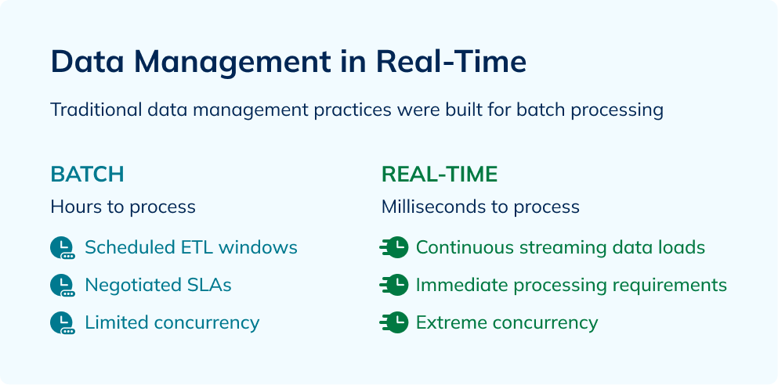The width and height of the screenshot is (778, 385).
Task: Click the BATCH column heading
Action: click(x=87, y=175)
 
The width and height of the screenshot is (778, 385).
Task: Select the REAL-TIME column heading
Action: click(x=440, y=175)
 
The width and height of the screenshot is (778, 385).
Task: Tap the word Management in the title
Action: click(x=232, y=62)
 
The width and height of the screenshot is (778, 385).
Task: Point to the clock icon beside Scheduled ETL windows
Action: click(x=63, y=248)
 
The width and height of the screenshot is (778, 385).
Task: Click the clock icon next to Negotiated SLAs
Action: click(x=63, y=286)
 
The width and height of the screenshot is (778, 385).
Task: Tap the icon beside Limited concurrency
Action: click(x=63, y=323)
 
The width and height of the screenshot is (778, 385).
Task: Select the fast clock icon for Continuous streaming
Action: click(x=394, y=247)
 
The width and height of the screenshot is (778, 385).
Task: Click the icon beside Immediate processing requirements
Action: click(x=394, y=285)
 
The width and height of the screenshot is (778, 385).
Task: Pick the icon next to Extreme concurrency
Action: click(x=394, y=322)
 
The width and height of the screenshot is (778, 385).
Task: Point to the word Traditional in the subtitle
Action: click(x=96, y=110)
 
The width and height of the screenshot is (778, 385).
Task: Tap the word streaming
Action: click(x=536, y=248)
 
